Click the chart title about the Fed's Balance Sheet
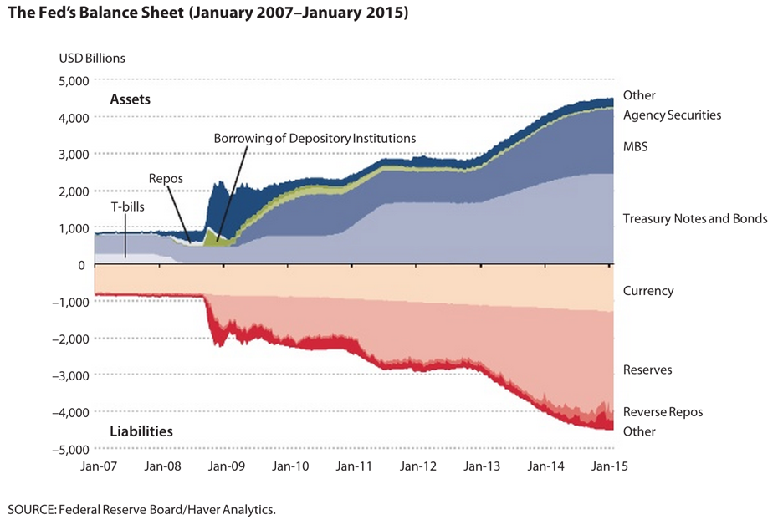pos(207,15)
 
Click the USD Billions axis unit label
pos(92,59)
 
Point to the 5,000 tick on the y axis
pos(71,81)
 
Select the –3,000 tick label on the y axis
pos(68,375)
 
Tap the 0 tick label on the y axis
pos(82,265)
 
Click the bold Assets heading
pos(130,99)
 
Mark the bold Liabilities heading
pos(141,431)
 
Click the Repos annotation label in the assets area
pos(165,178)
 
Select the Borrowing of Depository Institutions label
pos(315,137)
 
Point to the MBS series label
pos(636,146)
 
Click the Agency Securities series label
pos(672,115)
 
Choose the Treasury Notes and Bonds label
pos(695,219)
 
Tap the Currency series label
pos(648,291)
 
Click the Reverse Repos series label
pos(663,412)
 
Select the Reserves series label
pos(647,370)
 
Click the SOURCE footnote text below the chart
pos(141,508)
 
